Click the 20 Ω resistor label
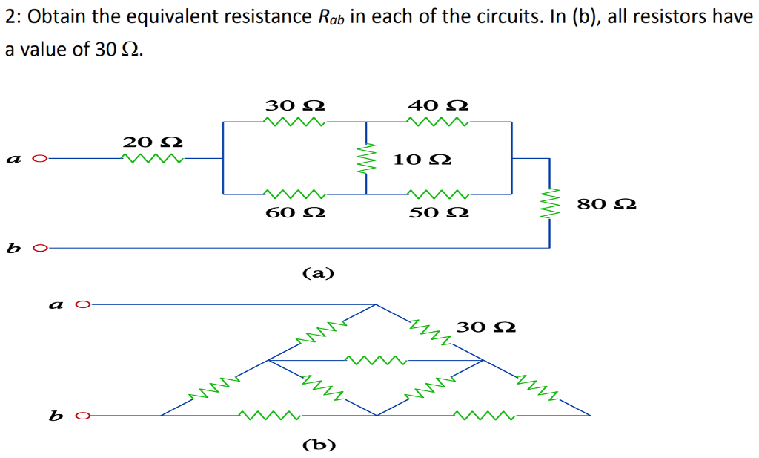coord(153,141)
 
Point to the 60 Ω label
coord(295,213)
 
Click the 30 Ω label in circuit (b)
coord(486,327)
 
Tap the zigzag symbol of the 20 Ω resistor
coord(153,157)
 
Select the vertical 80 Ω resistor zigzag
coord(549,202)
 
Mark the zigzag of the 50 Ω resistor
coord(439,194)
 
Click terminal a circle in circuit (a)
coord(42,158)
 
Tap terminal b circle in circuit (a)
coord(42,248)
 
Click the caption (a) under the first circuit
coord(319,273)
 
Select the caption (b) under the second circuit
coord(319,445)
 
